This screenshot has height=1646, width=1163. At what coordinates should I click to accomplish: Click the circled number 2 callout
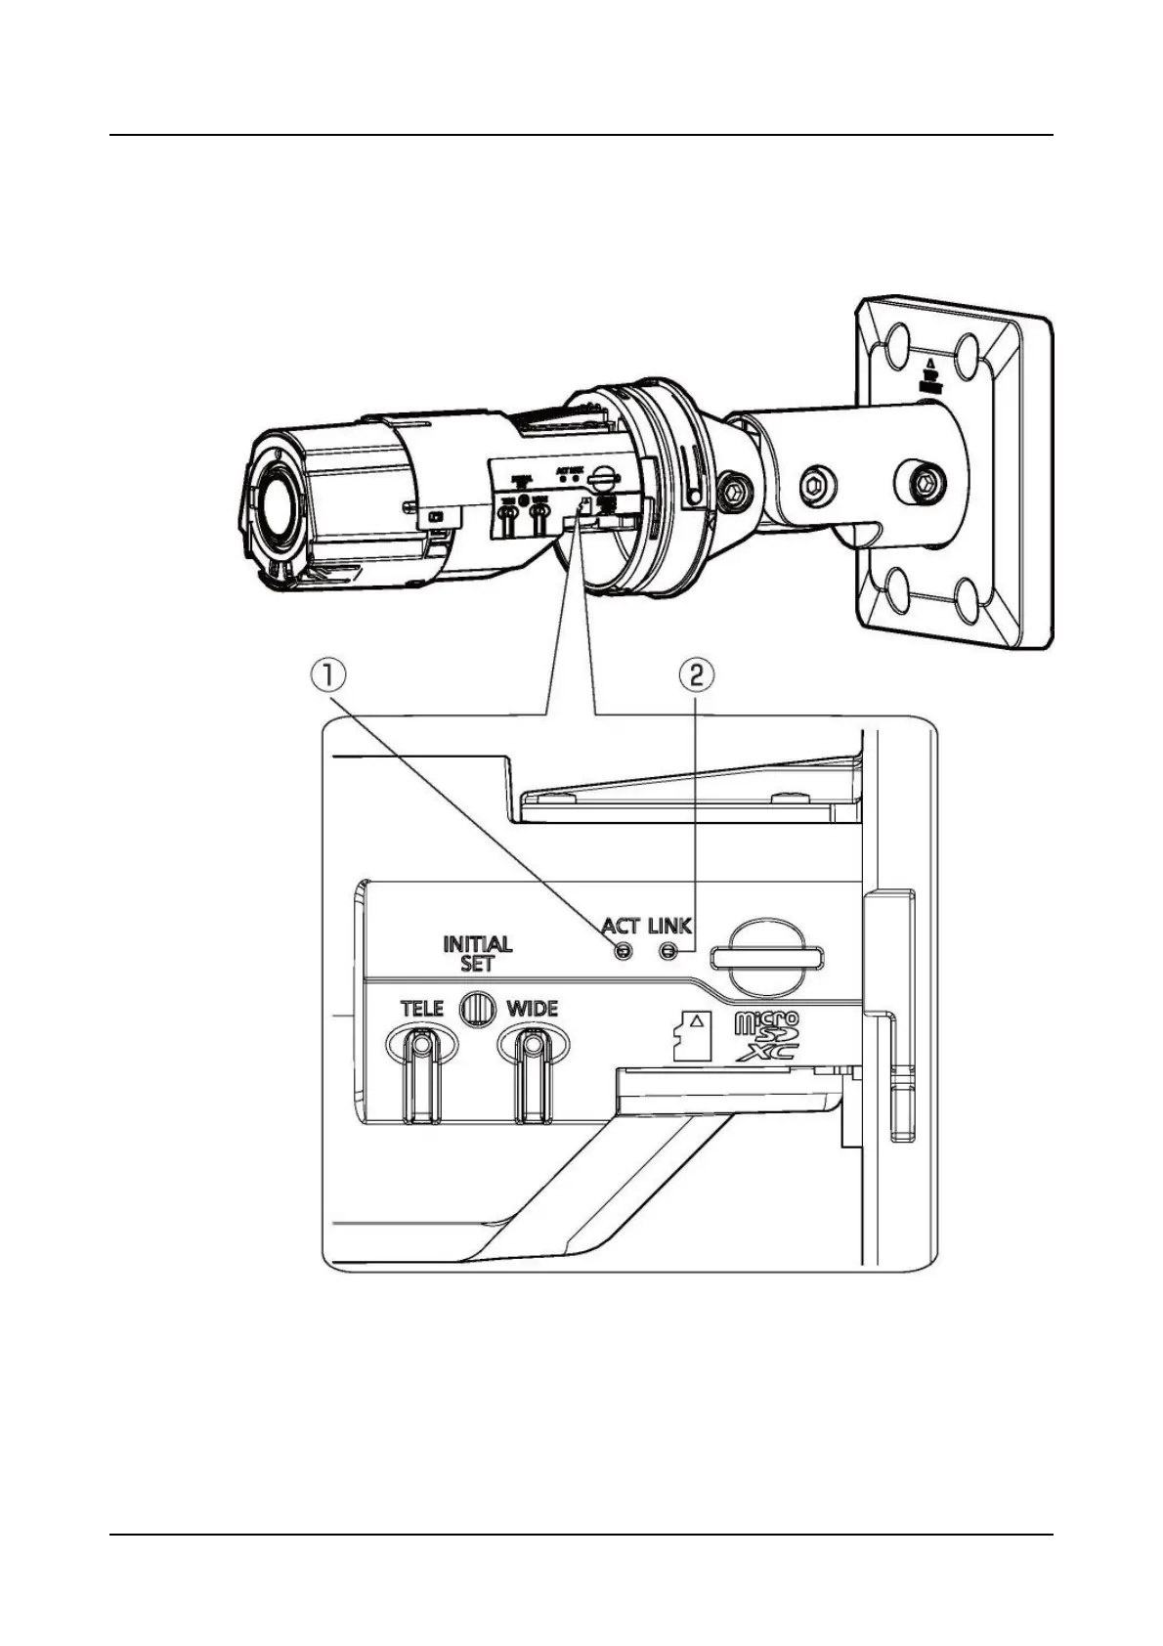[696, 673]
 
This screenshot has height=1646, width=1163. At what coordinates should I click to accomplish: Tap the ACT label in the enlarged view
[621, 926]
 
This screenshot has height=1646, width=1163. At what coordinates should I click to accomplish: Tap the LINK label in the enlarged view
[669, 926]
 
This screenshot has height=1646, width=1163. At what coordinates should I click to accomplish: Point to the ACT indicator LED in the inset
[621, 951]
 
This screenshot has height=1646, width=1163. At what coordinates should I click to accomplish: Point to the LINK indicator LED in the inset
[669, 951]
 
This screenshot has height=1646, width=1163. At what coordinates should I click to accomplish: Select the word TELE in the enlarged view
[421, 1009]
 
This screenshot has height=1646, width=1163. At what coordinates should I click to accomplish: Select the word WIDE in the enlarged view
[533, 1009]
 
